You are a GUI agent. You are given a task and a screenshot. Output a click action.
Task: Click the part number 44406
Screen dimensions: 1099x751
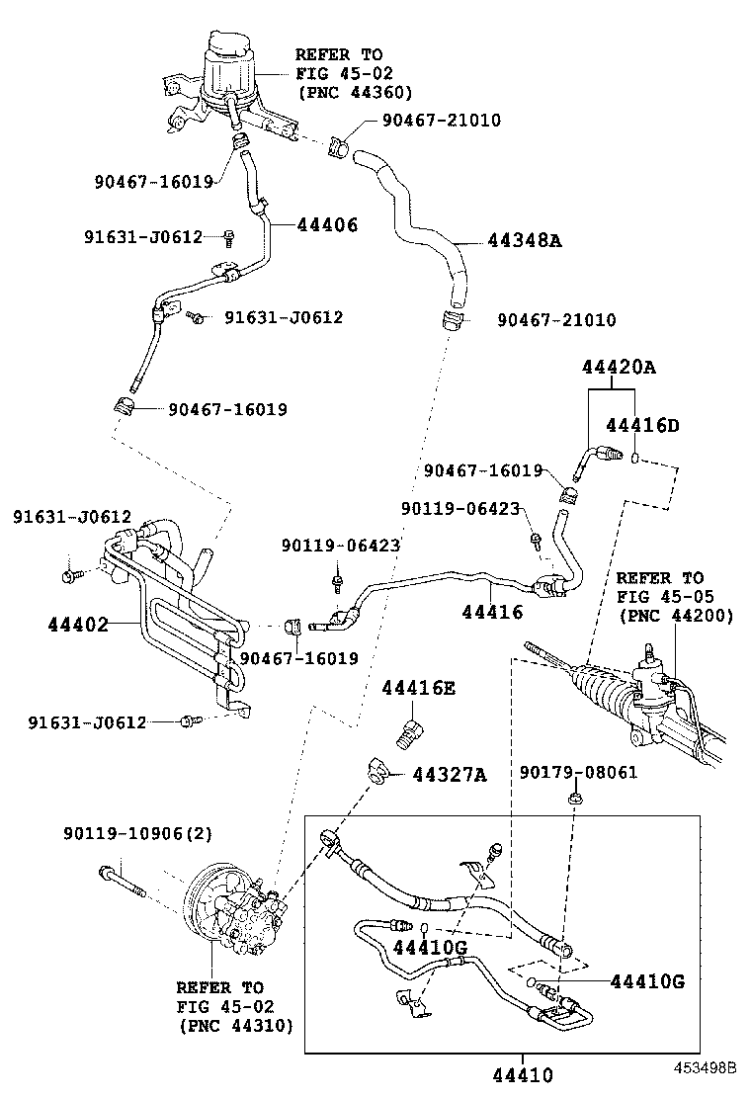point(327,224)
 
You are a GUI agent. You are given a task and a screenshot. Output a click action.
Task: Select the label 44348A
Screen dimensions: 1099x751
point(524,240)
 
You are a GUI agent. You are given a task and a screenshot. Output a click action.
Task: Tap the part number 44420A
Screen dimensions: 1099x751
point(619,367)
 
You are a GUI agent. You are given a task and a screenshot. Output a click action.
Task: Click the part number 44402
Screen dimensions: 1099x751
point(78,624)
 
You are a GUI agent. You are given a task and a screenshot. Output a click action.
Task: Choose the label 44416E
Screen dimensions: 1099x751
point(418,688)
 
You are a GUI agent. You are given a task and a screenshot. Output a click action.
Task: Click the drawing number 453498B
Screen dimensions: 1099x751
point(707,1068)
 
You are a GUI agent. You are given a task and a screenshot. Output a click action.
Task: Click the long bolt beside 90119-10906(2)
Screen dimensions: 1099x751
point(122,881)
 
